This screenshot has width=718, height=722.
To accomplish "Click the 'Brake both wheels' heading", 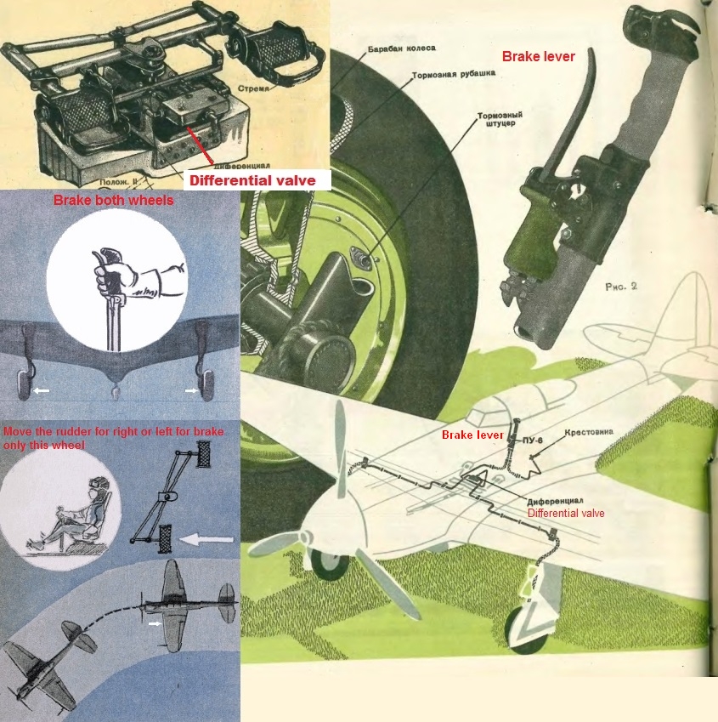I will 113,201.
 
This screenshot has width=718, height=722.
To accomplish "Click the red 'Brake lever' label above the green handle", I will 538,57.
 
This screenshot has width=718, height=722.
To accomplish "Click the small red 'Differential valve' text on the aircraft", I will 566,513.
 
